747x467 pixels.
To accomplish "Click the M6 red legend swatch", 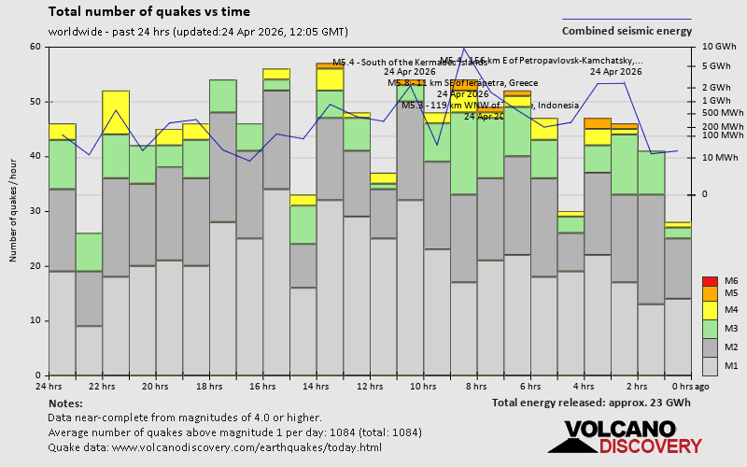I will click(710, 281).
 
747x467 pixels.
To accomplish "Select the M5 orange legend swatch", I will click(710, 293).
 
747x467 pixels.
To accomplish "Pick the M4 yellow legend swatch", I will click(710, 310).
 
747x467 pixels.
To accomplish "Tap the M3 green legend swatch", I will click(710, 329).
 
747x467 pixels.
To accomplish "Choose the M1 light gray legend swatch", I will click(710, 365).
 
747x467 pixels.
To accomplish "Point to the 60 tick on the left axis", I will click(35, 47).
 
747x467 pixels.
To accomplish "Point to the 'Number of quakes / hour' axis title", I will click(14, 211).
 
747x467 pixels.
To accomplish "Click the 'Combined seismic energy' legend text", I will click(627, 31).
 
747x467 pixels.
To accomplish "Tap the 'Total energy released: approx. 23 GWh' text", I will click(591, 403).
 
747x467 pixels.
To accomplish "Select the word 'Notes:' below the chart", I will click(64, 403).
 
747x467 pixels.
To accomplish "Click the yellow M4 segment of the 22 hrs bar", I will click(116, 112).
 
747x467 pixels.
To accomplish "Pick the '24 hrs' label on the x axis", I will click(49, 386).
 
